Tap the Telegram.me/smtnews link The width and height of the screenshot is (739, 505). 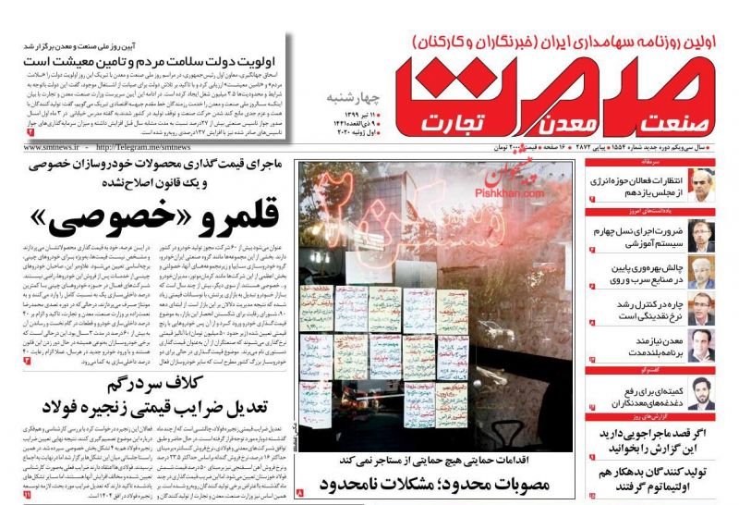point(143,146)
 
